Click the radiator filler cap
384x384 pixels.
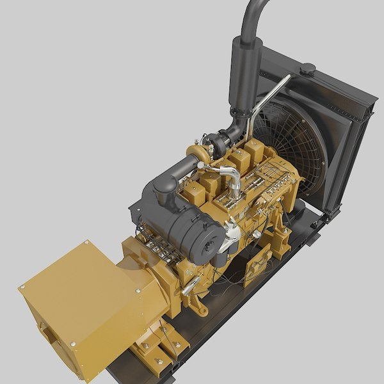click(308, 68)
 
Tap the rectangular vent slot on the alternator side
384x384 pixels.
click(47, 333)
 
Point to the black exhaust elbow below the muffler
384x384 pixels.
click(237, 125)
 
